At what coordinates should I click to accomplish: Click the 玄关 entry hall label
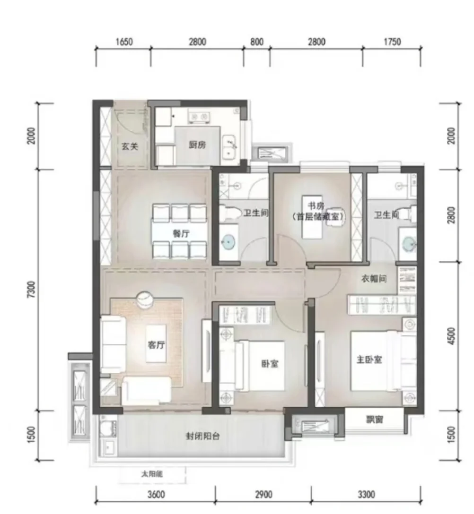(130, 146)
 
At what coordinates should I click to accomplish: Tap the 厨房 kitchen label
(197, 145)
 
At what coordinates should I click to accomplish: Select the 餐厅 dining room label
(181, 234)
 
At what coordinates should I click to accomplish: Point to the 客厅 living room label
(156, 345)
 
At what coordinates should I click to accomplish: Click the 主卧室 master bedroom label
(369, 360)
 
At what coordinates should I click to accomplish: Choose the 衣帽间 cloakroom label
(374, 279)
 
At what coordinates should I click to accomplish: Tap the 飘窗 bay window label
(375, 419)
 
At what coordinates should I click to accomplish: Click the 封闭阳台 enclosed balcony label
(202, 437)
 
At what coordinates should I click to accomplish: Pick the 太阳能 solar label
(152, 474)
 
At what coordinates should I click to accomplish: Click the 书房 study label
(316, 206)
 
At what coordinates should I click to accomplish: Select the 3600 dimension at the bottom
(156, 494)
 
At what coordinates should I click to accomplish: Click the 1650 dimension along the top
(124, 42)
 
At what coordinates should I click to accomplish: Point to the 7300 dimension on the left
(31, 290)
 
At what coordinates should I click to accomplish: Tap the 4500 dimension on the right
(452, 336)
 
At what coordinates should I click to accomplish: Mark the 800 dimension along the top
(257, 42)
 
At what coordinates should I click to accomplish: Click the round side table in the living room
(144, 300)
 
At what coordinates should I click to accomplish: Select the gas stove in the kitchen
(199, 117)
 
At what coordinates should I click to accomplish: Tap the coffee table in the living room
(156, 343)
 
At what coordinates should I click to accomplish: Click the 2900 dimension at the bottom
(263, 494)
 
